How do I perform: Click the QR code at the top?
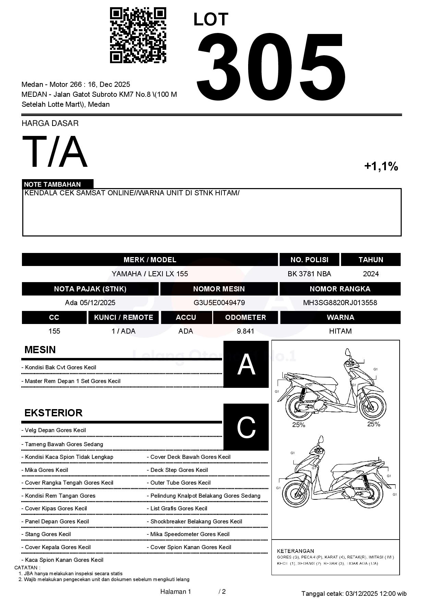[138, 35]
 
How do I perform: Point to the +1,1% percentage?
[381, 166]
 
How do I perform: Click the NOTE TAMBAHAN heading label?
[52, 184]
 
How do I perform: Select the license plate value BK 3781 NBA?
[309, 274]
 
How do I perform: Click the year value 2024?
[371, 274]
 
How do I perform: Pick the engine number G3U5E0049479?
[219, 303]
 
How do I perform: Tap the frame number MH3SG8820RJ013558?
[340, 303]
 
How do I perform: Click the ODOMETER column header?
[245, 317]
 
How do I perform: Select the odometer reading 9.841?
[245, 331]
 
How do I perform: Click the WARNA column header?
[340, 317]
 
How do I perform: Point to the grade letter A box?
[246, 364]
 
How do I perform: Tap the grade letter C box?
[246, 427]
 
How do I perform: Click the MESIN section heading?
[40, 350]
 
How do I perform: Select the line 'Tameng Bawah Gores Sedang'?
[64, 444]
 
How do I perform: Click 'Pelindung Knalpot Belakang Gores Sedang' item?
[205, 496]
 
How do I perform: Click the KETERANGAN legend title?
[295, 551]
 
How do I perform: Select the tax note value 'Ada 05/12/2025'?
[90, 303]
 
